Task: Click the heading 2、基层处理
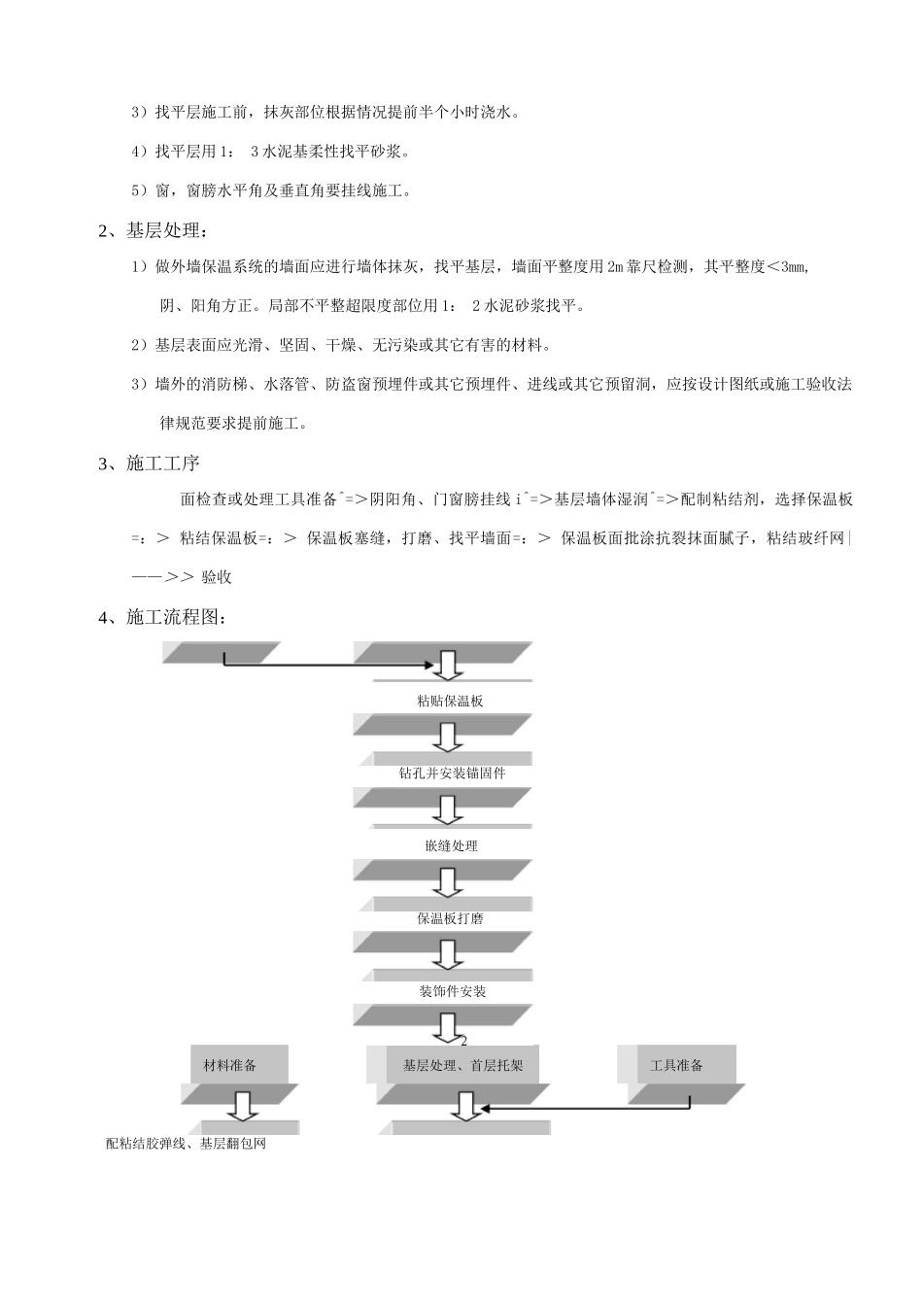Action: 154,230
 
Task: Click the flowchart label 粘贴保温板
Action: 449,701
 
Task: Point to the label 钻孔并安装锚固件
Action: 452,773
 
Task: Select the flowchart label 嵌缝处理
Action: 451,845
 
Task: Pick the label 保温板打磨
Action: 451,918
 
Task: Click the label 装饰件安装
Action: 452,991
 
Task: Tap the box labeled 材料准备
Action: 231,1065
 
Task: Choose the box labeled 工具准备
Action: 676,1065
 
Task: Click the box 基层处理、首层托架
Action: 462,1065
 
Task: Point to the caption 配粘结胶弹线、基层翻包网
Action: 186,1144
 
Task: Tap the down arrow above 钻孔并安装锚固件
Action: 448,739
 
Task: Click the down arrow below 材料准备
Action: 240,1105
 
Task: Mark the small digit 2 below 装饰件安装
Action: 463,1041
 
